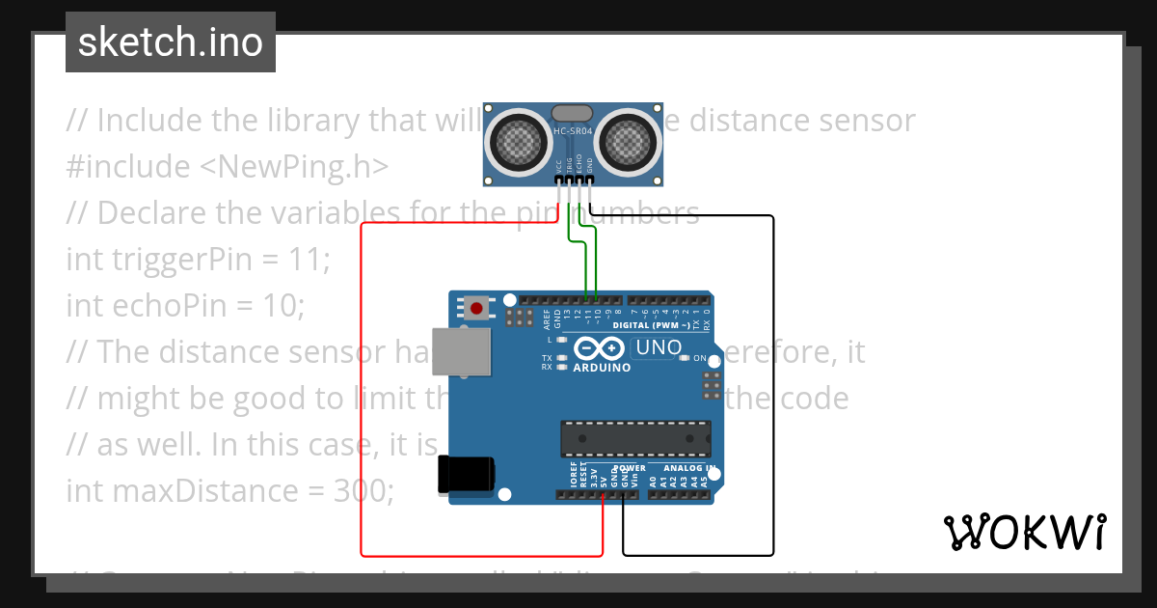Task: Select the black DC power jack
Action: pos(466,475)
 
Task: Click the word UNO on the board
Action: pos(659,347)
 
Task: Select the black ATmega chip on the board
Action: pos(636,438)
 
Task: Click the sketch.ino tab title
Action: pos(171,42)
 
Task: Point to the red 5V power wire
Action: pos(362,386)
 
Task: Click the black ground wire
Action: pos(773,386)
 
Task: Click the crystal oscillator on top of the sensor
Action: pos(572,114)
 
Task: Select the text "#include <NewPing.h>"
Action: pos(228,166)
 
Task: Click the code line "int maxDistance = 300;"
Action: pos(230,490)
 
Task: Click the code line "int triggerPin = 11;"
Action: pos(199,259)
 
